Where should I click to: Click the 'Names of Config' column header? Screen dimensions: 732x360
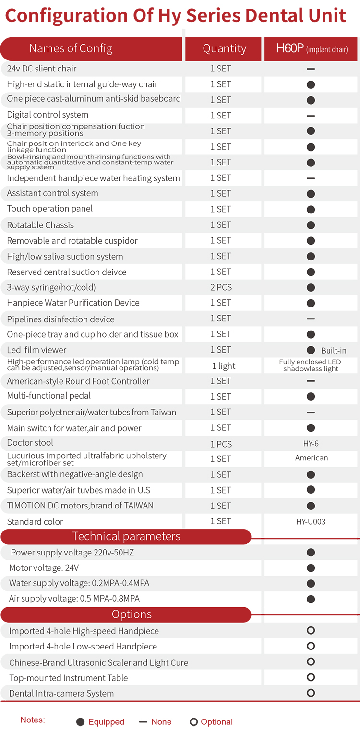tap(71, 48)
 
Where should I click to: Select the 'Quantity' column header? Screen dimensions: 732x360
tap(224, 48)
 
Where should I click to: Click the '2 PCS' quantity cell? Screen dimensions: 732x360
tap(221, 287)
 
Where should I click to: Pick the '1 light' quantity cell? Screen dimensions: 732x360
tap(224, 366)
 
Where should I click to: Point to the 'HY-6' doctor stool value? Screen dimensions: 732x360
tap(311, 444)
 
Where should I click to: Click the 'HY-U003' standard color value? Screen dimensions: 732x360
tap(311, 521)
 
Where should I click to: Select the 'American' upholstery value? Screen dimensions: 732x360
tap(312, 458)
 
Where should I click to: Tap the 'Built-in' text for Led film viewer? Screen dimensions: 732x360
tap(334, 351)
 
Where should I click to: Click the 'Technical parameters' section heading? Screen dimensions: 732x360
tap(126, 536)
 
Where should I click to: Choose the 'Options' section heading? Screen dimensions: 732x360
tap(132, 614)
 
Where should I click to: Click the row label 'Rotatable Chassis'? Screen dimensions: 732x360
tap(40, 225)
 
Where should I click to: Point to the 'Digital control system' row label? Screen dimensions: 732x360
tap(48, 115)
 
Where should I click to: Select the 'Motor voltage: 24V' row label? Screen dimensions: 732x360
tap(44, 568)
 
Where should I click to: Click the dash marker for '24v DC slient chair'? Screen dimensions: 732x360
tap(311, 69)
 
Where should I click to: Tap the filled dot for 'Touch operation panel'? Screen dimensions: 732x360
tap(311, 210)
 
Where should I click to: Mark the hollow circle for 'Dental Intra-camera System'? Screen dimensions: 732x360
tap(311, 693)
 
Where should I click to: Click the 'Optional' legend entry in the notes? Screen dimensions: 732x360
tap(211, 722)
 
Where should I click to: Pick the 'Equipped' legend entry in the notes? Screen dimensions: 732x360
tap(101, 722)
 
